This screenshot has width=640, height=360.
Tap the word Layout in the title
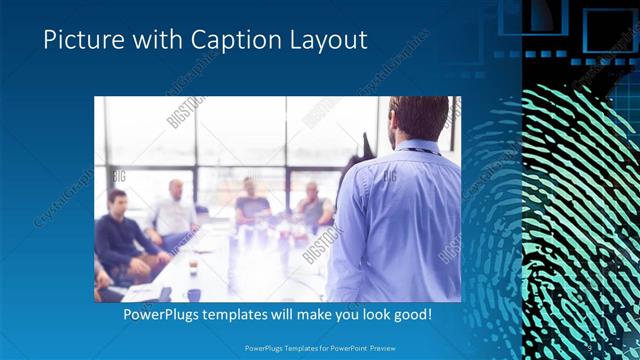[326, 41]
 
